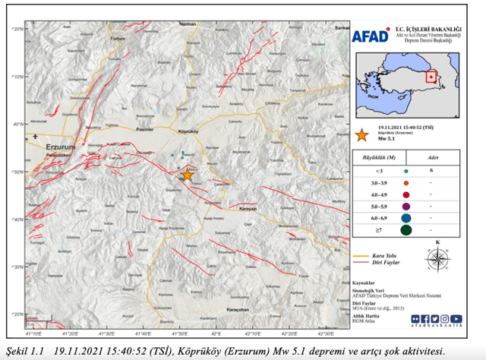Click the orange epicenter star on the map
pos(187,175)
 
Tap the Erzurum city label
pos(59,147)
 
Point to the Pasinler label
pos(144,131)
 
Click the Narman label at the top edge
pos(187,24)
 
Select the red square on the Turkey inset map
pos(431,76)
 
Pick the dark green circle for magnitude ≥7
pos(406,229)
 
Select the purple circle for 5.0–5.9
pos(406,206)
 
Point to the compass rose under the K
pos(437,259)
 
